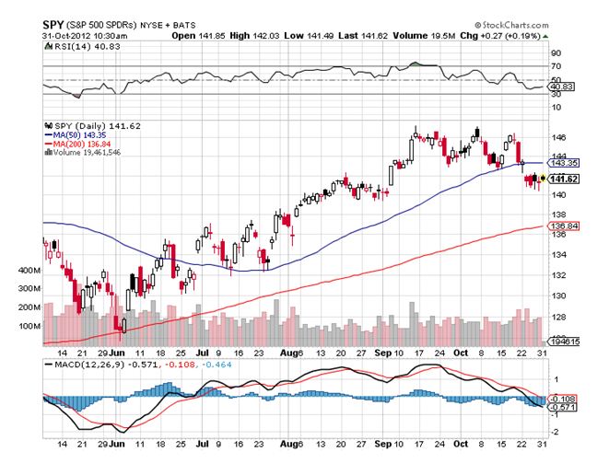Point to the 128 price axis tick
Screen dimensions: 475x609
(557, 316)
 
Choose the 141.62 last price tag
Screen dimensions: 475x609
(564, 178)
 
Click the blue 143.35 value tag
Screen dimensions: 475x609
(564, 161)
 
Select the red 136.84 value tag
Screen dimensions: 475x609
(564, 226)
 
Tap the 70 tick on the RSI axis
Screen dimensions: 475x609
(556, 66)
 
